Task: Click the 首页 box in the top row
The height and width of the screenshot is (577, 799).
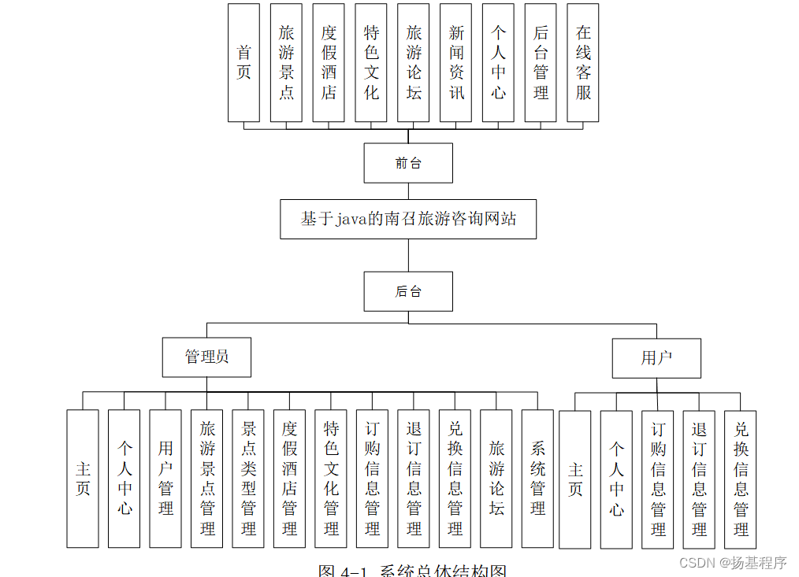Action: tap(243, 63)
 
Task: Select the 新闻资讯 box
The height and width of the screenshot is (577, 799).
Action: tap(456, 63)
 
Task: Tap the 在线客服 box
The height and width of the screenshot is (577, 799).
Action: tap(583, 63)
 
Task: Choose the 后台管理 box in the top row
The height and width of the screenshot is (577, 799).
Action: tap(541, 63)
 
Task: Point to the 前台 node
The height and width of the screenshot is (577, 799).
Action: tap(408, 163)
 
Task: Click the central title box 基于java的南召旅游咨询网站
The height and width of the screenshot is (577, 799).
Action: tap(408, 219)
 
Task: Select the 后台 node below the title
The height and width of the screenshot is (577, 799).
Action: tap(408, 291)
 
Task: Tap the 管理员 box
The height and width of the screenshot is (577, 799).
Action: tap(206, 357)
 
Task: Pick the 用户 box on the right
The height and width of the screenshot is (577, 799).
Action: tap(656, 358)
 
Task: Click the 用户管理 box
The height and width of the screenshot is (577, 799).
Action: tap(165, 479)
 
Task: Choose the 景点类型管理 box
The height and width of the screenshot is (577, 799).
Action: tap(248, 479)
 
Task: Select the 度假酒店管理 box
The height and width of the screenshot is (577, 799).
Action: tap(289, 479)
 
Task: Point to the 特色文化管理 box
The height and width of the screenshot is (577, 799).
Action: tap(331, 479)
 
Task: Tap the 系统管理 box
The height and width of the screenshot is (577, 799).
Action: tap(537, 479)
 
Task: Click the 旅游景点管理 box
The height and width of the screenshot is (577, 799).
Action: tap(207, 479)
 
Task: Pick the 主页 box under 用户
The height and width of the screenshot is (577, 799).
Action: tap(575, 479)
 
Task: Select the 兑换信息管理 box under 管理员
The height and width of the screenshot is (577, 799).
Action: tap(455, 479)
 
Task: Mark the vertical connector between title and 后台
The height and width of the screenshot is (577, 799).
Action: tap(408, 255)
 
